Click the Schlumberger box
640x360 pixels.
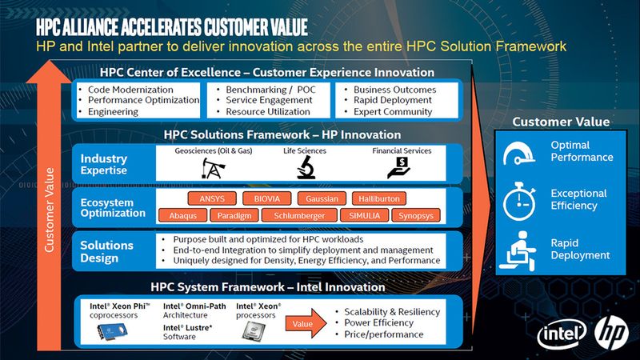point(300,215)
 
